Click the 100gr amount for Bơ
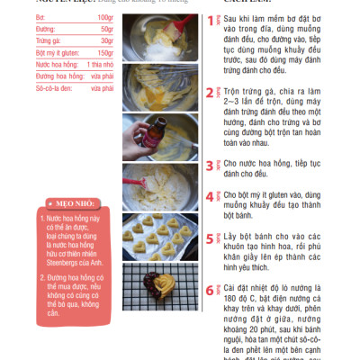[x=104, y=18]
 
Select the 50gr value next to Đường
[x=106, y=30]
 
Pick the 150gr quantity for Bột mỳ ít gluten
[x=104, y=53]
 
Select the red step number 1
[x=210, y=19]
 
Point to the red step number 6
[x=210, y=290]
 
